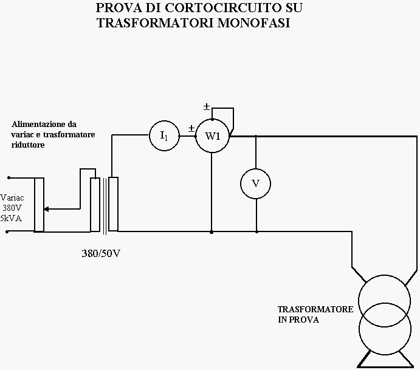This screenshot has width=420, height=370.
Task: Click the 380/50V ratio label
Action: pos(101,253)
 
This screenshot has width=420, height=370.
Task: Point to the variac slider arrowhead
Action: pos(46,209)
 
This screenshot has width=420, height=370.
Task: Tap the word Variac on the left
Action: pos(12,198)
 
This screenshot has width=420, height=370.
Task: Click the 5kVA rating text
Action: pos(11,219)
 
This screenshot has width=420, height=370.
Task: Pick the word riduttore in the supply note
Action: pos(28,145)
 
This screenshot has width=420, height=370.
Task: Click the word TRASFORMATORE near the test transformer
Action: pos(315,309)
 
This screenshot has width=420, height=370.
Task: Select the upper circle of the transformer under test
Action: pos(384,275)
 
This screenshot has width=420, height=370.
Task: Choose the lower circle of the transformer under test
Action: pos(385,355)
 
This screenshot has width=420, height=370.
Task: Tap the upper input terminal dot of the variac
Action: pos(9,177)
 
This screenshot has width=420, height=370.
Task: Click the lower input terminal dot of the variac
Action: pos(7,231)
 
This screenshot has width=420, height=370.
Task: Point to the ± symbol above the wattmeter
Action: pos(207,106)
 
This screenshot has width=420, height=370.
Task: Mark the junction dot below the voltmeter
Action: pos(256,232)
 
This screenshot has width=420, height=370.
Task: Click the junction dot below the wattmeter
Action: pos(212,232)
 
